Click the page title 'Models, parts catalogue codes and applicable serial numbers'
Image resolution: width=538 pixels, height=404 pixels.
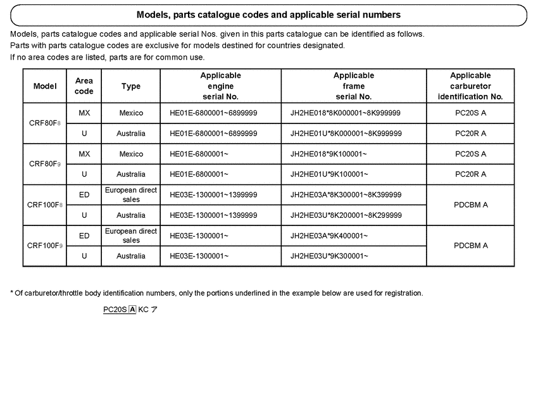click(x=268, y=15)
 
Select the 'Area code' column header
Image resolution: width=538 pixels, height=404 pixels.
click(x=84, y=86)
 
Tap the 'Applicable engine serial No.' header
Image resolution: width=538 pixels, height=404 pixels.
click(x=220, y=86)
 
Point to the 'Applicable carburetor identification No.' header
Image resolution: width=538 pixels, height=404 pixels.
click(x=470, y=86)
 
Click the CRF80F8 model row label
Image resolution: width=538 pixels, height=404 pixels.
click(x=45, y=123)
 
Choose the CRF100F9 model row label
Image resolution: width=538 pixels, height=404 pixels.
click(x=45, y=246)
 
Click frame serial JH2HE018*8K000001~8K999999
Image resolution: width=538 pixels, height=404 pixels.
click(x=345, y=113)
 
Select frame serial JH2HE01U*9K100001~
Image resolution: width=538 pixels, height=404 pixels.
click(x=328, y=174)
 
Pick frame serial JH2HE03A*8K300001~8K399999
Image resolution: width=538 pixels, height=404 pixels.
click(x=346, y=194)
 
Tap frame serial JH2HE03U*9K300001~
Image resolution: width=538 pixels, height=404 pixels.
click(x=328, y=256)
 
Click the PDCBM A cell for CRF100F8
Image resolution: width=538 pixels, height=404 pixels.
click(x=471, y=205)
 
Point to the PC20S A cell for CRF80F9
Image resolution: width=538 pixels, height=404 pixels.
click(x=471, y=154)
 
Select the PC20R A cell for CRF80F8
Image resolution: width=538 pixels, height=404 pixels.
click(x=471, y=134)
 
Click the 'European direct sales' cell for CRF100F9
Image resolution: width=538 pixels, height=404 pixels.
click(x=131, y=236)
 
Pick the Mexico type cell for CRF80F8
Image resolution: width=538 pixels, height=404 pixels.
click(x=131, y=113)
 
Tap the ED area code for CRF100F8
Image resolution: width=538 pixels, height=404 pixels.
click(x=84, y=194)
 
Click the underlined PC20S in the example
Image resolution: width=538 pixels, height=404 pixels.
click(x=115, y=310)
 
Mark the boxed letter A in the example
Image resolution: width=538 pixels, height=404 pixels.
click(x=132, y=310)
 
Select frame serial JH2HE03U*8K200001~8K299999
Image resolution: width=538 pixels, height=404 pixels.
click(x=346, y=215)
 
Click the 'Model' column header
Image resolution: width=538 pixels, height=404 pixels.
click(x=45, y=86)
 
